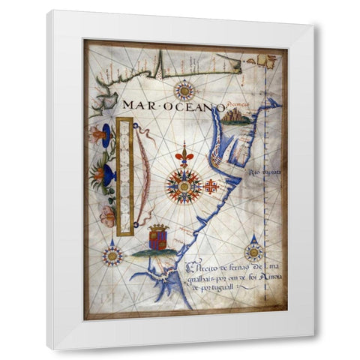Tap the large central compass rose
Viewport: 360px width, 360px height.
click(x=184, y=184)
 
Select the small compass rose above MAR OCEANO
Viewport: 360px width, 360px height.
click(x=184, y=91)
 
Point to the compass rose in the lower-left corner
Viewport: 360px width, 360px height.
click(x=113, y=255)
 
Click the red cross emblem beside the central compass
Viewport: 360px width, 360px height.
click(x=212, y=185)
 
